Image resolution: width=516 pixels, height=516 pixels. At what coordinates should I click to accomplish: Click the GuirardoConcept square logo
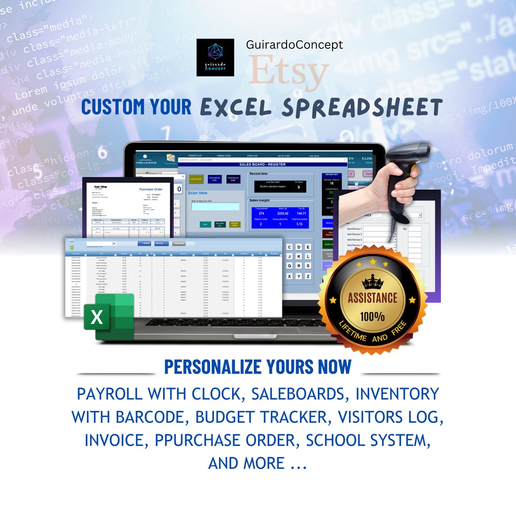[215, 57]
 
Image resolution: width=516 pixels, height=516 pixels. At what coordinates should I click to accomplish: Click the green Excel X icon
[97, 317]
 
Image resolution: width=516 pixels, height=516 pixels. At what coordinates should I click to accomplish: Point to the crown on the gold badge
[372, 282]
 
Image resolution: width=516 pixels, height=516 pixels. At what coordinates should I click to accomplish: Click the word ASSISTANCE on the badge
[372, 299]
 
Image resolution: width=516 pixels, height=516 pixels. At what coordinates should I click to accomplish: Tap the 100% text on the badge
[372, 316]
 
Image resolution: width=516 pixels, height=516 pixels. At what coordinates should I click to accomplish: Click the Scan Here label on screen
[198, 193]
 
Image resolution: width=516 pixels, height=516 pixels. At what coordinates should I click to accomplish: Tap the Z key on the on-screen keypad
[309, 276]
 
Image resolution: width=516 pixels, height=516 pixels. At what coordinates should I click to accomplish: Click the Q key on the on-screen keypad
[290, 266]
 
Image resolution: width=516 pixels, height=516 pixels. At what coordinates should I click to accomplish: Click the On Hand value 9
[299, 187]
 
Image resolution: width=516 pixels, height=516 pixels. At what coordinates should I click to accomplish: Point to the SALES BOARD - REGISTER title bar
[262, 164]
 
